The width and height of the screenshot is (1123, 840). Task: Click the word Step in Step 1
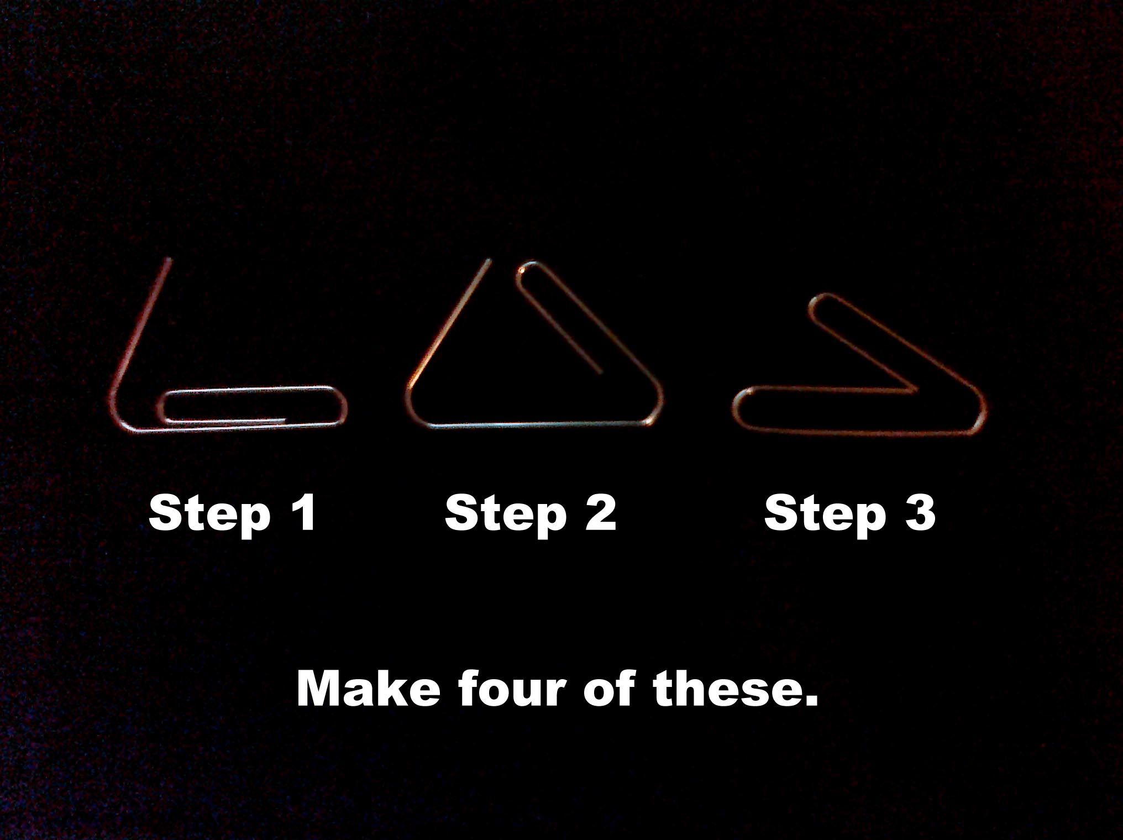(209, 514)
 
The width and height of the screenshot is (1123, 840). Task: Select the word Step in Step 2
(505, 514)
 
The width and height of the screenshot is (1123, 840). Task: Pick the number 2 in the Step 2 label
(599, 512)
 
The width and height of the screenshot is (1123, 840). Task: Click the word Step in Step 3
(825, 514)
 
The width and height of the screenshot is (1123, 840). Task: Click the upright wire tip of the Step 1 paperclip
(168, 260)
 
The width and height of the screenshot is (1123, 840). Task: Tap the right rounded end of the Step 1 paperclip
(344, 406)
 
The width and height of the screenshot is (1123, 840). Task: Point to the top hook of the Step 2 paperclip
(525, 270)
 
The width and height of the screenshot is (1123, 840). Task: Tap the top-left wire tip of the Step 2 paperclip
(489, 261)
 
